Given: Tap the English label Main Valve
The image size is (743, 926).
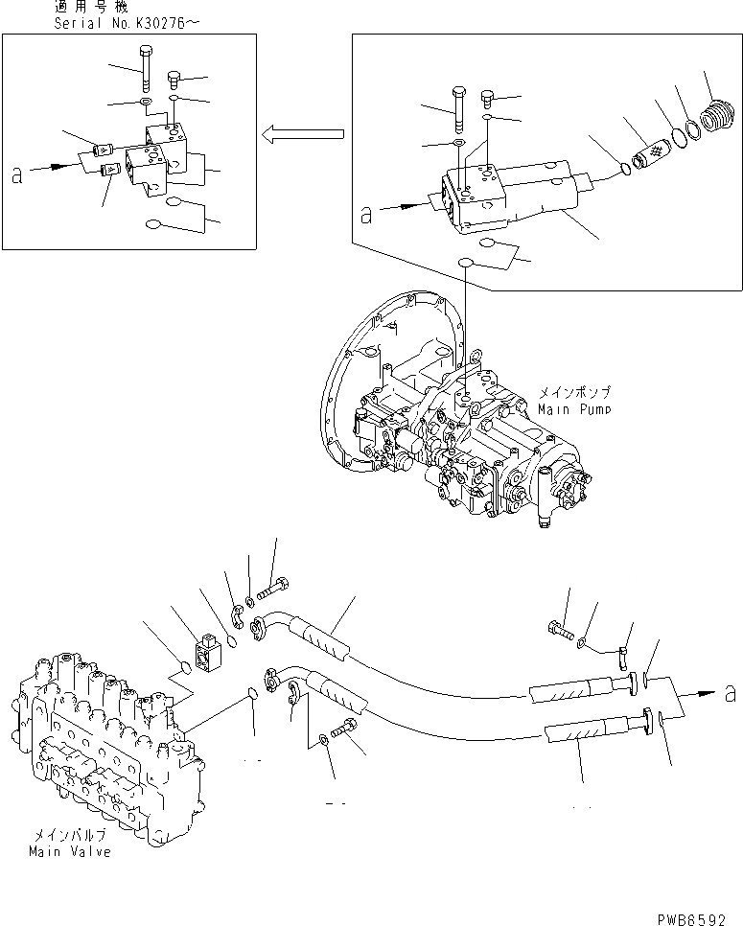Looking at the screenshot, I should [x=69, y=851].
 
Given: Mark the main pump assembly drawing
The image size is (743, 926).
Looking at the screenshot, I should [x=460, y=422].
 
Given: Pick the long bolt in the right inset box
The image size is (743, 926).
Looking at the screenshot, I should [x=458, y=107].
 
